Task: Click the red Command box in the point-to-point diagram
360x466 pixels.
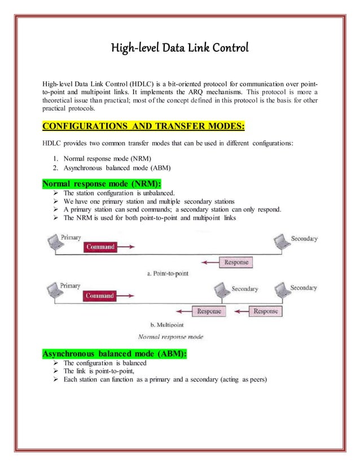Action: pyautogui.click(x=100, y=247)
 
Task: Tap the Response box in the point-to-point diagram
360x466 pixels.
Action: pyautogui.click(x=236, y=262)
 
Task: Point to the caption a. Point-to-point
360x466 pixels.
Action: pyautogui.click(x=167, y=273)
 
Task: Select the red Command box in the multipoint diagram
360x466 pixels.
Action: pyautogui.click(x=100, y=296)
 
